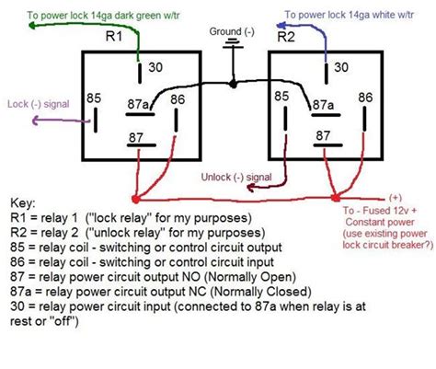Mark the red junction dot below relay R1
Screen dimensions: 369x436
pyautogui.click(x=136, y=198)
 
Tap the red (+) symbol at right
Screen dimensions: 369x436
pyautogui.click(x=395, y=196)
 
